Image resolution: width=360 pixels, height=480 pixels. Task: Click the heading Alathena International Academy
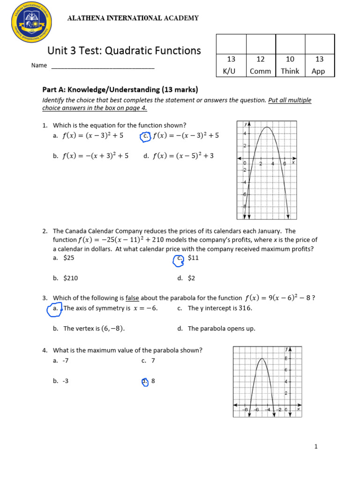133,18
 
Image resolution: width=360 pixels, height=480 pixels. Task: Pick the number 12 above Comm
261,59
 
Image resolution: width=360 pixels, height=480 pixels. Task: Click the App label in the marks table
319,71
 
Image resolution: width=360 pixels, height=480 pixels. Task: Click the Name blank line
103,66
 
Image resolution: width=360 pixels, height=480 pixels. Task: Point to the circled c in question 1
145,136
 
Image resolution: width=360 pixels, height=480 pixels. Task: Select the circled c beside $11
178,260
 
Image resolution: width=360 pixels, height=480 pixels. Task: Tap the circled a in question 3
54,309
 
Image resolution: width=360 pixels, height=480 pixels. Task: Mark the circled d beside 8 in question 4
144,382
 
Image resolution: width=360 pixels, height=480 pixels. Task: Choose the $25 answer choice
69,257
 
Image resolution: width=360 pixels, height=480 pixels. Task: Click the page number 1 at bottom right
316,447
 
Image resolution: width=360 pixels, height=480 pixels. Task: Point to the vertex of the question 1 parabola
267,127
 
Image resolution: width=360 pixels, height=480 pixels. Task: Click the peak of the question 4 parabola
262,359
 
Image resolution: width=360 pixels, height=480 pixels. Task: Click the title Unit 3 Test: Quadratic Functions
124,51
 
